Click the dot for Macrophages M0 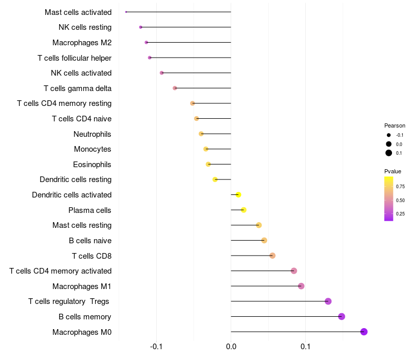[x=364, y=332]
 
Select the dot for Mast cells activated [x=126, y=12]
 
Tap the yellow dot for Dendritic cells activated [x=238, y=195]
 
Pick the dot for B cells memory [x=342, y=316]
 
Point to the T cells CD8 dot [x=272, y=256]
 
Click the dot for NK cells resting [x=141, y=27]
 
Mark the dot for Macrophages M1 [x=301, y=286]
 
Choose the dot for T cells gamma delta [x=175, y=88]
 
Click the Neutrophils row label [x=92, y=134]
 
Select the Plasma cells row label [x=90, y=210]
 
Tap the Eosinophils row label [x=92, y=165]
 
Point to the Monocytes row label [x=92, y=149]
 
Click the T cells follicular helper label [x=74, y=58]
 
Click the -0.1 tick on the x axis [x=157, y=348]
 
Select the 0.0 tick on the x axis [x=231, y=348]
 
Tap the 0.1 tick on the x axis [x=306, y=348]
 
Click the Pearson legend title [x=395, y=125]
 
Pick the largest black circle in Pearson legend [x=389, y=153]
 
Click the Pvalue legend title [x=393, y=171]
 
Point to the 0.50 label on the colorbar [x=400, y=200]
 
